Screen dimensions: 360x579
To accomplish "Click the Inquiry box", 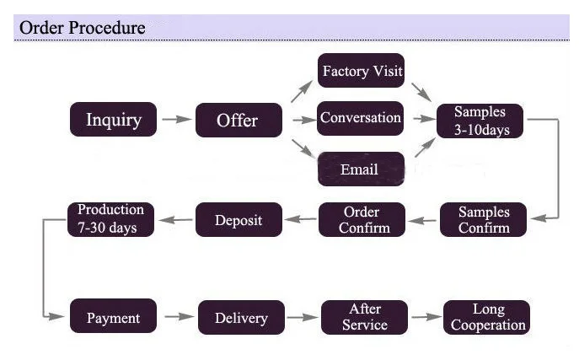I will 113,120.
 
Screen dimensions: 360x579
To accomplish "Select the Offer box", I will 238,120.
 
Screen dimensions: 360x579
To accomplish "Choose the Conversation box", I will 361,118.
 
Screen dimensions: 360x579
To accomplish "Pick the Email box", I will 360,169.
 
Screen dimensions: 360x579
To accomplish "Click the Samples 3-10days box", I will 480,121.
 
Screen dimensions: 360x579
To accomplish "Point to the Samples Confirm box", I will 484,219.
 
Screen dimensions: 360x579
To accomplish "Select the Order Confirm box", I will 362,219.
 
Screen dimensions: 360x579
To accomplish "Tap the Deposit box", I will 238,220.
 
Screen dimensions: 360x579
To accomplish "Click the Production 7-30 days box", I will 111,219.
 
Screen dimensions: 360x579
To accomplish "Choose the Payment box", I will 113,318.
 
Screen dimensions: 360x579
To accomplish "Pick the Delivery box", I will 241,318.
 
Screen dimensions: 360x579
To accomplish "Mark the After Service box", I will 364,317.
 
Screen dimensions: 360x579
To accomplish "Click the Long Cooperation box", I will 487,317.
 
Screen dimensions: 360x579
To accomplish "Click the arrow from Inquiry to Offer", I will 176,120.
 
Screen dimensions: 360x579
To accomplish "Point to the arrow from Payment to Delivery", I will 178,318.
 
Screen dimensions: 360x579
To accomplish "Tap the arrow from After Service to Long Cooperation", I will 426,317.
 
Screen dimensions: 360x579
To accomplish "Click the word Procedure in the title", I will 107,28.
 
